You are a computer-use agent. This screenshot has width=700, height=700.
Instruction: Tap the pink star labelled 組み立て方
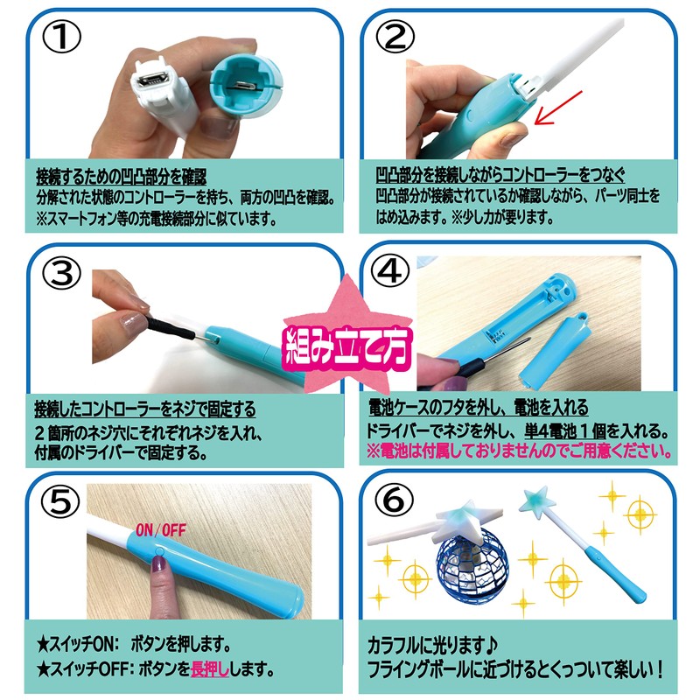[x=346, y=337]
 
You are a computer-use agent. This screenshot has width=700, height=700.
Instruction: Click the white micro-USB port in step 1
[x=154, y=83]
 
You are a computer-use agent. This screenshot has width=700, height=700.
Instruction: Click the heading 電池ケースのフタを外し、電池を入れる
[x=479, y=409]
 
